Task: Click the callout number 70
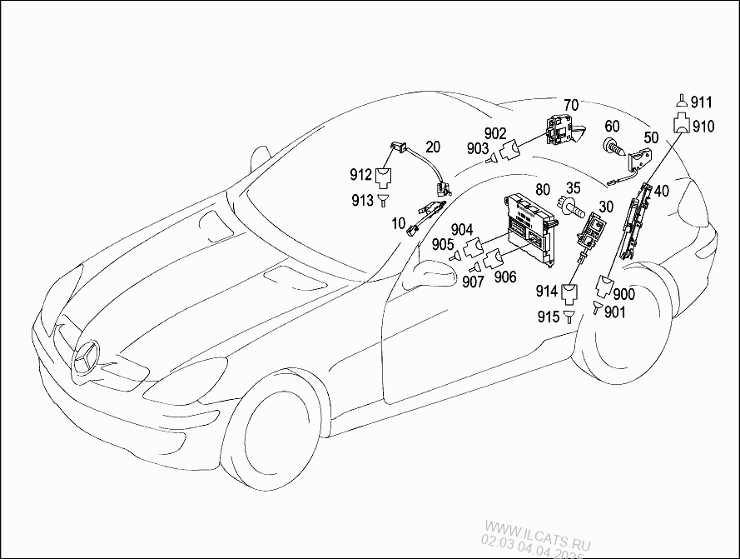(x=570, y=105)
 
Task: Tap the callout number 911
(x=702, y=103)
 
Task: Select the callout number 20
(x=433, y=146)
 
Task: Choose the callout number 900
(x=624, y=295)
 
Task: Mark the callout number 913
(x=362, y=199)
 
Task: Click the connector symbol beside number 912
(x=384, y=176)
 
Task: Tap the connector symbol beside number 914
(x=570, y=292)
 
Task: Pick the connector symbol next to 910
(x=682, y=127)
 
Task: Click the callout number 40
(x=661, y=191)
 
